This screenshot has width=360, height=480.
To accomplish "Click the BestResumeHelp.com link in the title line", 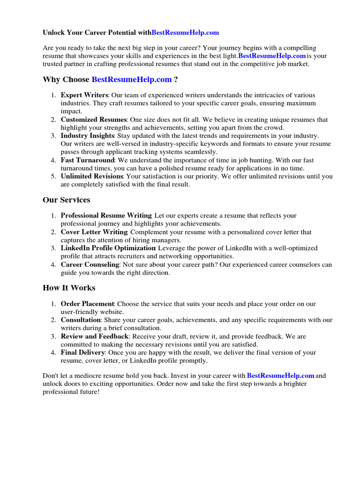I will click(185, 33).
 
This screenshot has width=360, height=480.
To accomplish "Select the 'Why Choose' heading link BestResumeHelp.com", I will click(132, 80).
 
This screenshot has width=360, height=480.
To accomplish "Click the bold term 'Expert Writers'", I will click(84, 95).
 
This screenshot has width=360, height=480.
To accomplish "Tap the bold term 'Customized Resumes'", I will click(94, 120).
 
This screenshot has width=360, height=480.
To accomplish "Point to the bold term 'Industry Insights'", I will click(88, 136).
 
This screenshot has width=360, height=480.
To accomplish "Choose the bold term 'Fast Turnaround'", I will click(88, 160).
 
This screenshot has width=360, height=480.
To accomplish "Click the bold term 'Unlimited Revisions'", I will click(92, 177).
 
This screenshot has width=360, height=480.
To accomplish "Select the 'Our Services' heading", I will click(66, 200).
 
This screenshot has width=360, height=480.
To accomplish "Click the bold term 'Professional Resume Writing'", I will click(106, 216).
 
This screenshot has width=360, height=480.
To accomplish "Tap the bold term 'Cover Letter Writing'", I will click(94, 232).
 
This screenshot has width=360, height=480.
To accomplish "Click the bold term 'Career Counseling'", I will click(90, 264).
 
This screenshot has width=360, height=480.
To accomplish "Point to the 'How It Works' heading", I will click(69, 288).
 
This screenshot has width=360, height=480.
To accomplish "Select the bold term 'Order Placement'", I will click(87, 304).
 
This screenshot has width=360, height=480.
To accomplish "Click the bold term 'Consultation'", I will click(81, 320).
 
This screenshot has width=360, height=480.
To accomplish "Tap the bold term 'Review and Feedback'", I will click(94, 336).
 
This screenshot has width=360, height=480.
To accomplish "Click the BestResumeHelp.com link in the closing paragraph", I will click(280, 375).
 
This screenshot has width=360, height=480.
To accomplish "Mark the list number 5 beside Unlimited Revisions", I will click(53, 177).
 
